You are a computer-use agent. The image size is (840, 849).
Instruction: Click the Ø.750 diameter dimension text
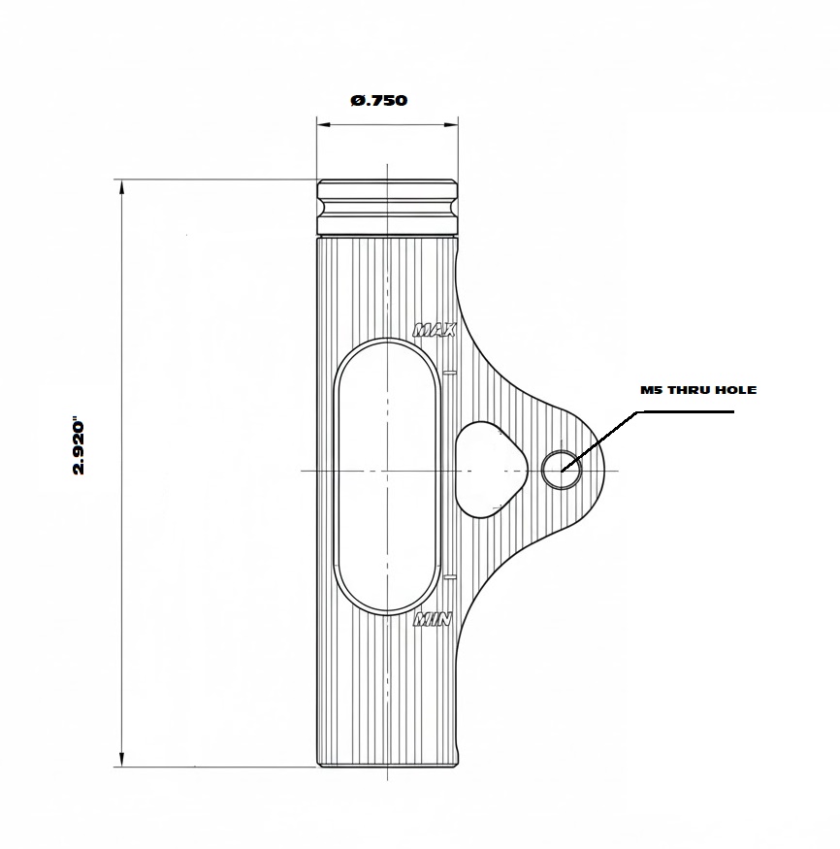tap(379, 100)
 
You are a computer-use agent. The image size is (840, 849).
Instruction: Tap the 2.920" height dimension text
tap(79, 445)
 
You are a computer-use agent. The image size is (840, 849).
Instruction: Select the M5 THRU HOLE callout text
tap(698, 390)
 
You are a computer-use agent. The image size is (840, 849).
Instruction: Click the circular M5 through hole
tap(562, 470)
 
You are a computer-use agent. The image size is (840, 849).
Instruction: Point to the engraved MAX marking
tap(435, 330)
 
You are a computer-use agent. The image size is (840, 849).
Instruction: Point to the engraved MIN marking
tap(433, 619)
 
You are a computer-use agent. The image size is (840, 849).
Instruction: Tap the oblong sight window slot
tap(387, 476)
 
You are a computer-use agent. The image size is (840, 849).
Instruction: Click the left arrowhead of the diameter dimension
tap(324, 125)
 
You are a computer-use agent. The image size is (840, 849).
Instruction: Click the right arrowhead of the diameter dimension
tap(451, 125)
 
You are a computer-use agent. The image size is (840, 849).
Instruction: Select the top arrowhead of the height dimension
tap(122, 187)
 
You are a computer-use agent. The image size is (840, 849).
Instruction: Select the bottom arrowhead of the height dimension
tap(122, 760)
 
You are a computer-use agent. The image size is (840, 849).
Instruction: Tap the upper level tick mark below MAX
tap(450, 373)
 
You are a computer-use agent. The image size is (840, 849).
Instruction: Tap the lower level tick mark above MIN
tap(450, 577)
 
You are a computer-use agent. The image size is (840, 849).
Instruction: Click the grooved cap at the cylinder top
tap(388, 207)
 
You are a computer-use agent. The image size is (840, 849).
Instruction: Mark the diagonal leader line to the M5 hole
tap(599, 441)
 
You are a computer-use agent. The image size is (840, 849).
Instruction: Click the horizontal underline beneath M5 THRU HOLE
tap(685, 412)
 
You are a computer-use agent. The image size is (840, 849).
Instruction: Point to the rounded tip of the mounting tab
tap(602, 470)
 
